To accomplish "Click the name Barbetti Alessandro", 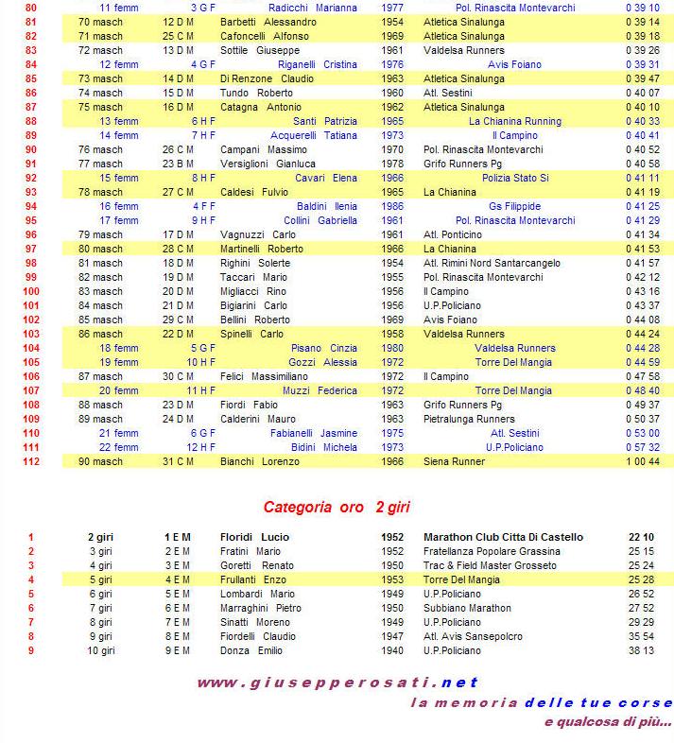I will [268, 22].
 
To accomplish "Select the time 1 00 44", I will [642, 461].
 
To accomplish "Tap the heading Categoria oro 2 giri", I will [337, 507].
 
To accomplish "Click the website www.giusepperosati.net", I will [337, 682].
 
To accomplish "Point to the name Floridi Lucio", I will [255, 537].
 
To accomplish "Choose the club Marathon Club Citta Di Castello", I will [503, 537].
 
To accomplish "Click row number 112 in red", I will [30, 461].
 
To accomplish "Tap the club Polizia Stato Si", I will [515, 178].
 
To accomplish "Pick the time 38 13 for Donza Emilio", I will [642, 650].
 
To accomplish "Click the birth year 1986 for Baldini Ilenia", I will [391, 206].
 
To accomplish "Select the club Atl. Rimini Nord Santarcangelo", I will [492, 263].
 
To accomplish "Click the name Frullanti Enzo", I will [256, 579].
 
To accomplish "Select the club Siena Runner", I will [454, 461].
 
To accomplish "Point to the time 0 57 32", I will [642, 447].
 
